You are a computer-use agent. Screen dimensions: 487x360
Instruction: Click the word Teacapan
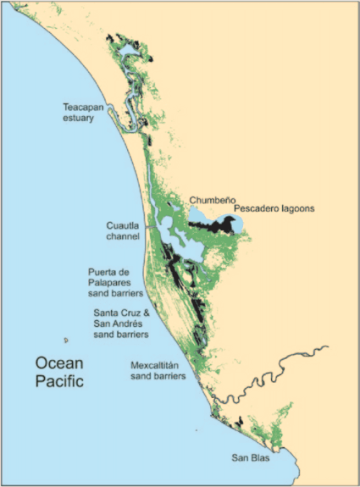pos(86,108)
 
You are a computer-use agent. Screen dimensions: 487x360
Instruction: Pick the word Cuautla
pos(124,226)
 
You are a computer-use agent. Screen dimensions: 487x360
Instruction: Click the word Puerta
pos(104,272)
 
